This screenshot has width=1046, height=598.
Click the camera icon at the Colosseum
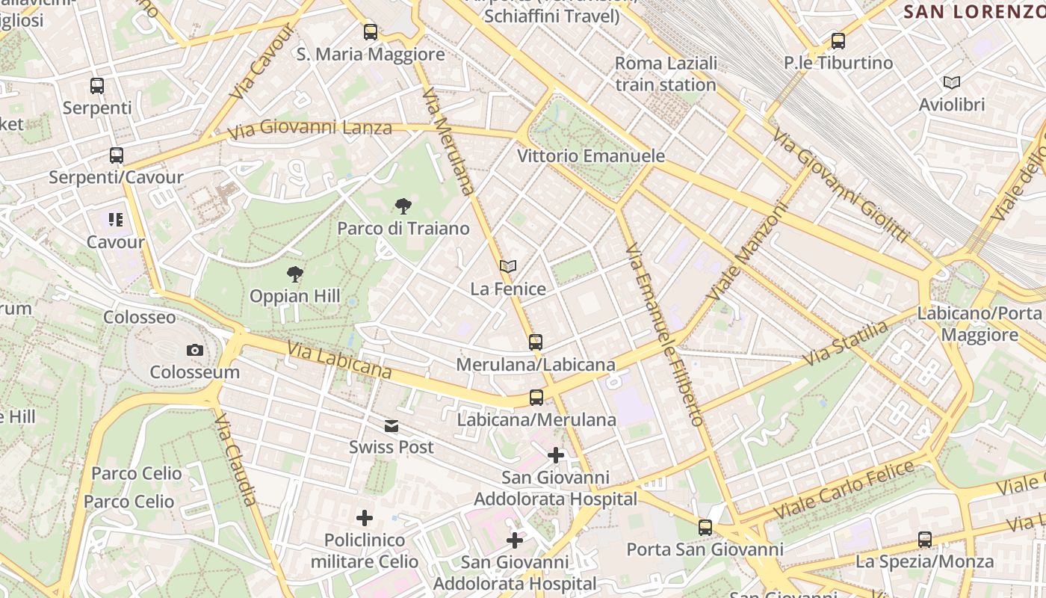(x=194, y=350)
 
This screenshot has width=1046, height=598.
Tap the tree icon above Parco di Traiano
(x=403, y=206)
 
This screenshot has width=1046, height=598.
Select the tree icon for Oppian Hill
(x=295, y=274)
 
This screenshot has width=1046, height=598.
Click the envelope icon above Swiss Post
(x=391, y=426)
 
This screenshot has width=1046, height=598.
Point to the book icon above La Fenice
(x=508, y=267)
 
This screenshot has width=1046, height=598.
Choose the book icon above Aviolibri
(x=952, y=82)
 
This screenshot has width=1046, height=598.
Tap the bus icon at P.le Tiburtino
(x=838, y=41)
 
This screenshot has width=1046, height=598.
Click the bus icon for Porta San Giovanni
(x=705, y=528)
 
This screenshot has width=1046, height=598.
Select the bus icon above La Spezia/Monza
(x=924, y=540)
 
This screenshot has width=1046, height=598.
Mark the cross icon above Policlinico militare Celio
(x=364, y=518)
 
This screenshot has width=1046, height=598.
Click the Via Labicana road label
(x=339, y=360)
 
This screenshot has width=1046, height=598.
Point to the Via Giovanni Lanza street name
(x=310, y=129)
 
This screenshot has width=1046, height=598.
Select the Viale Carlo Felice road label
(x=844, y=491)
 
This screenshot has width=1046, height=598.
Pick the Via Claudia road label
(x=236, y=459)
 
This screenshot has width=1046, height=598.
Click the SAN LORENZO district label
(x=974, y=11)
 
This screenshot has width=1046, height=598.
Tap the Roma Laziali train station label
(x=666, y=73)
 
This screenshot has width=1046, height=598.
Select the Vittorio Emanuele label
(x=591, y=155)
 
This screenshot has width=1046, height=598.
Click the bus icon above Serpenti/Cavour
(x=116, y=155)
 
